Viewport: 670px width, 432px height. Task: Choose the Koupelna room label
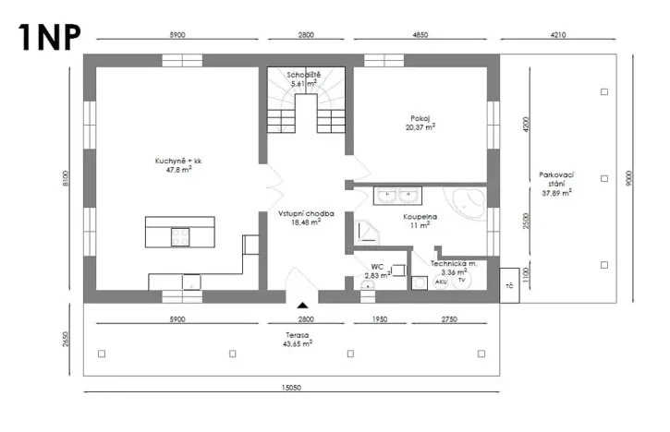pos(420,222)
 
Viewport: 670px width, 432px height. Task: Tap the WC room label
pos(376,270)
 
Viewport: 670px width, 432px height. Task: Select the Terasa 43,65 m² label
pos(297,339)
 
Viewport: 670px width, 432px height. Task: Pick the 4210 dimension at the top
pos(556,34)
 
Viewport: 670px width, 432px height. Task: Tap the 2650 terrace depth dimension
pos(66,339)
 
